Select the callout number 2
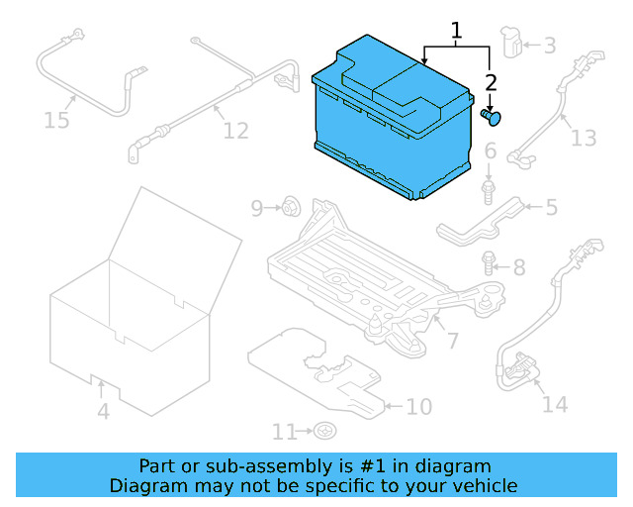[492, 83]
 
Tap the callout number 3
[549, 45]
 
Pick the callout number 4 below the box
[102, 409]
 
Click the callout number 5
[551, 207]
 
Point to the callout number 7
[452, 342]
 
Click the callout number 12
[235, 130]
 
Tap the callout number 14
[555, 403]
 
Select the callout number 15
[57, 120]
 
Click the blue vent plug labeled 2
[492, 118]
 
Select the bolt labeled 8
[490, 263]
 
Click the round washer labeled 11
[324, 431]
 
